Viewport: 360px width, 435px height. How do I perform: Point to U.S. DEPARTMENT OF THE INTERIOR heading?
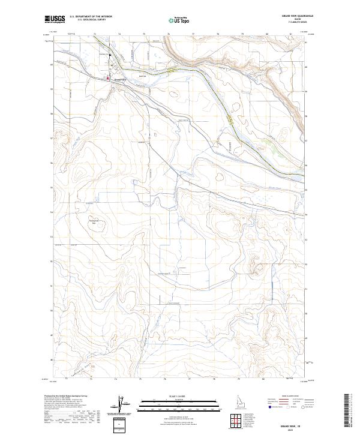(91, 17)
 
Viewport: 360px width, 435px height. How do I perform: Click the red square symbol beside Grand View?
(108, 78)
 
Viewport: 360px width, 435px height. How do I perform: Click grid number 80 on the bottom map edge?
(264, 379)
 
